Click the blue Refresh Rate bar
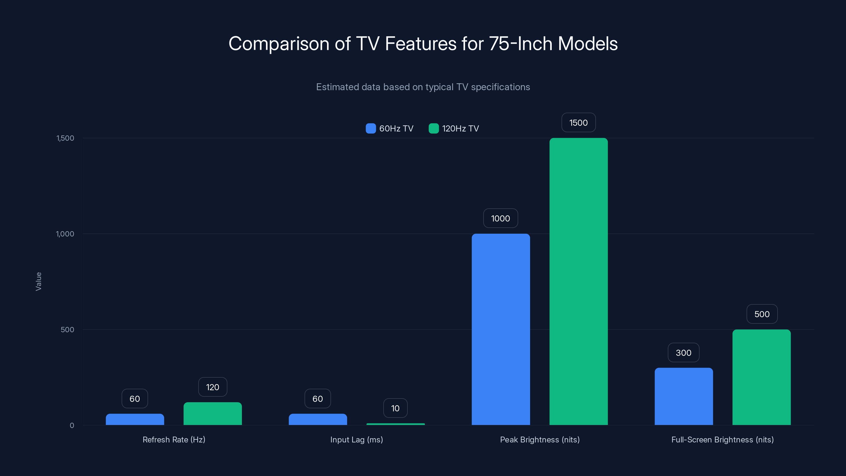tap(135, 419)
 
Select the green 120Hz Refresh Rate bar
tap(213, 414)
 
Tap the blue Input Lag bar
tap(318, 419)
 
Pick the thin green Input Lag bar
tap(396, 424)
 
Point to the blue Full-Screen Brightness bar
tap(683, 396)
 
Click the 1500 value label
tap(578, 122)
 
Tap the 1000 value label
tap(500, 218)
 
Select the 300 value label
tap(683, 353)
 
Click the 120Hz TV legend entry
tap(454, 129)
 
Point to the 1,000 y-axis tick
tap(65, 234)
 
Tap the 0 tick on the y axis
tap(72, 425)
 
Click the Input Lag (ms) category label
tap(357, 440)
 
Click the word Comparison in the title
tap(278, 44)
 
